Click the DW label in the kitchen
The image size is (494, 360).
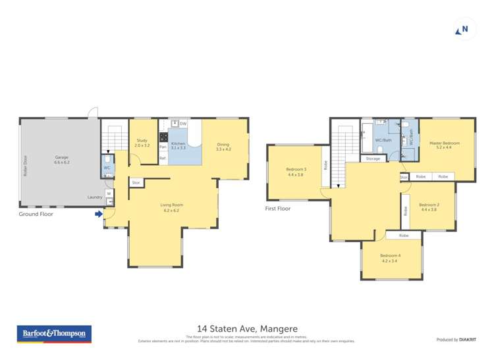(183, 124)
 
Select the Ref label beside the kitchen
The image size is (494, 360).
(162, 158)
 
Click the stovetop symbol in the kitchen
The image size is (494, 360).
(163, 138)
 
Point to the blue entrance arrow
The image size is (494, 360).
(99, 214)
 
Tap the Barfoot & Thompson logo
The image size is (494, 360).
(55, 334)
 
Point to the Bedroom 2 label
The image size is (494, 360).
(428, 206)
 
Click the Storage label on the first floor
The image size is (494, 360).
(373, 159)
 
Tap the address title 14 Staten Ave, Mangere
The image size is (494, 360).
(247, 328)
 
